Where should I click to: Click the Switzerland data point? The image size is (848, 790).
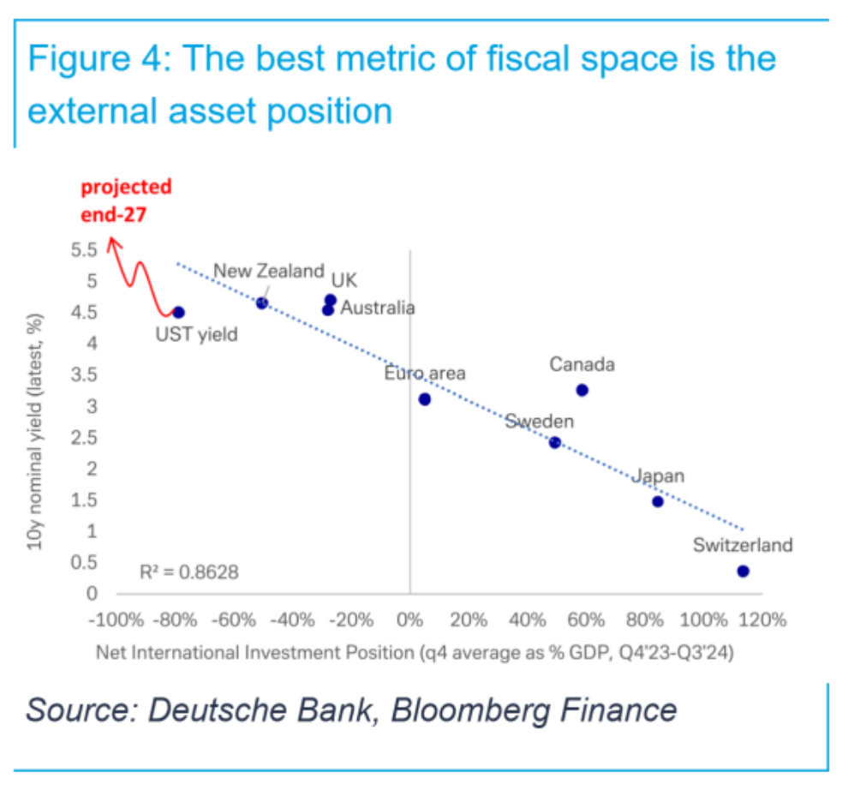(743, 571)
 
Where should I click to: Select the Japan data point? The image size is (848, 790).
(658, 501)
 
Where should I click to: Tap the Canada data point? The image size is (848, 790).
(582, 390)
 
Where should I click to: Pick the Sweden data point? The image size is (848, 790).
(555, 442)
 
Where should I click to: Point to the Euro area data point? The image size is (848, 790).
(425, 399)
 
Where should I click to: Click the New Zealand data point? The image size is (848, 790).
(262, 302)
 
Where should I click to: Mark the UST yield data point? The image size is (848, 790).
(178, 312)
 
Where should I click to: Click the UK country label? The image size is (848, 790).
(344, 280)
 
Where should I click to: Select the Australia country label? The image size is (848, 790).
(378, 308)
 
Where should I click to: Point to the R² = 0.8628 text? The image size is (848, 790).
(189, 571)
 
